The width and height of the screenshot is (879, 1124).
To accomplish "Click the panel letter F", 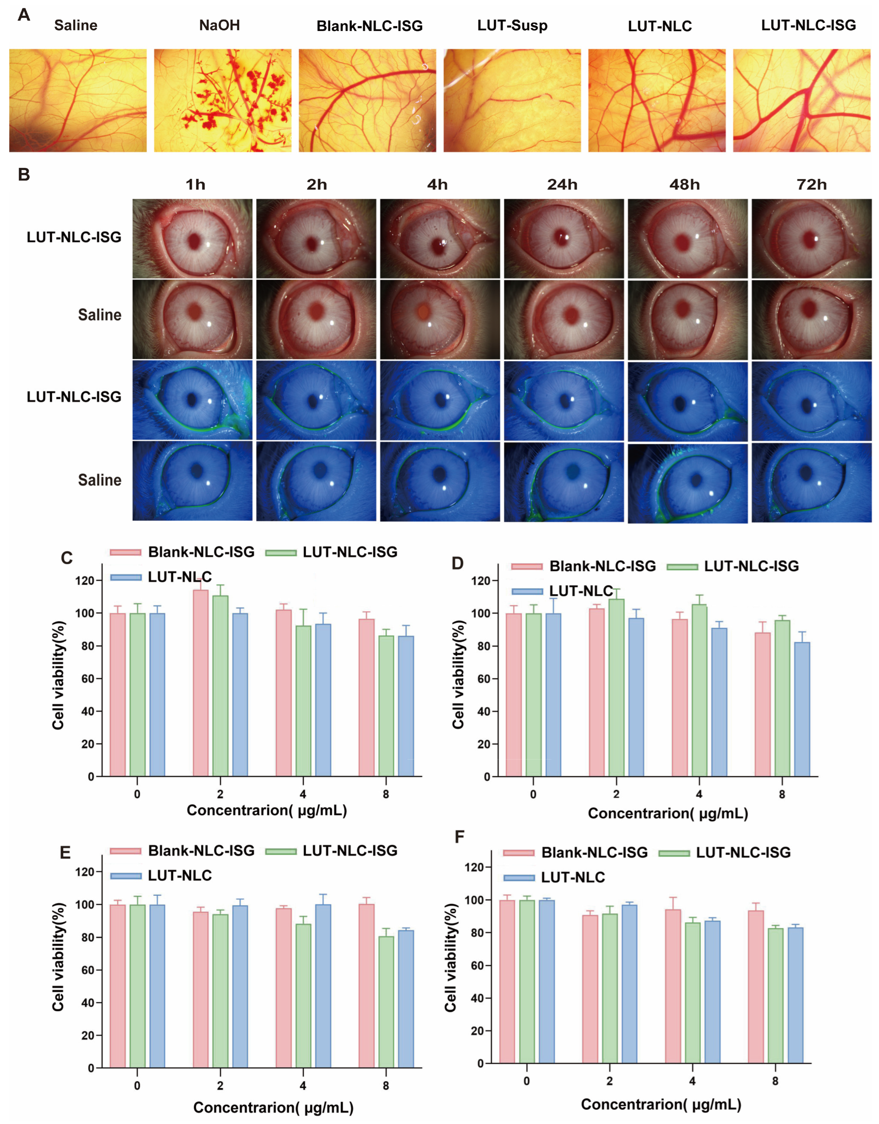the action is pos(459,837).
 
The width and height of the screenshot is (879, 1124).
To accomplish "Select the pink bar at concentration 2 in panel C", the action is pos(200,683).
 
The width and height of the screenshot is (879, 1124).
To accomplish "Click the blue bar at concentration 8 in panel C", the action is pos(406,706).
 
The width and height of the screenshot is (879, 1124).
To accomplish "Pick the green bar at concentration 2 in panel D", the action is pos(616,688).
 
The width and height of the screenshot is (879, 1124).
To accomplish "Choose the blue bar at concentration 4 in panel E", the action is pos(323,986).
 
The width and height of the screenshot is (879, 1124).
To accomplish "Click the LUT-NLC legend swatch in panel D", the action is pos(527,591).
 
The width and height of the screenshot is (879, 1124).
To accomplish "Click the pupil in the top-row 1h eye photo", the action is pos(194,241).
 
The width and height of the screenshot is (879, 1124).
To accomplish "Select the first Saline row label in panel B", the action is pos(99,315).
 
